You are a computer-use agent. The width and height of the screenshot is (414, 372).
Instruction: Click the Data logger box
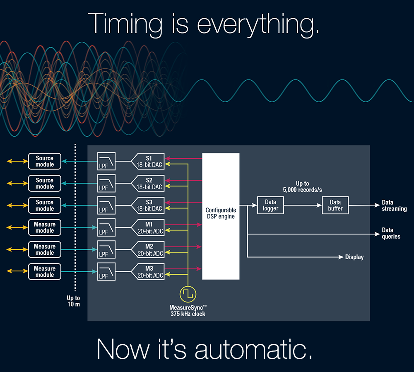(271, 205)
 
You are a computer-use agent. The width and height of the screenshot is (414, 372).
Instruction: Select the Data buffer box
(335, 205)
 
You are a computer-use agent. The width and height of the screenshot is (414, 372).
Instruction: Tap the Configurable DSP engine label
(220, 213)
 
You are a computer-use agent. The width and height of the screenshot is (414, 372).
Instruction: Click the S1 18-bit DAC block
(148, 161)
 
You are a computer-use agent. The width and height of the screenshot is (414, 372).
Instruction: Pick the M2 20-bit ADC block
(148, 250)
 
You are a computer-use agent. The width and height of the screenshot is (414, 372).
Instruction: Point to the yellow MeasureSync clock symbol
(188, 294)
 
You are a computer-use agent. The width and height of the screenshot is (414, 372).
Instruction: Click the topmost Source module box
(44, 161)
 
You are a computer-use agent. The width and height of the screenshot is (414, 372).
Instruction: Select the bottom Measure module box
(44, 272)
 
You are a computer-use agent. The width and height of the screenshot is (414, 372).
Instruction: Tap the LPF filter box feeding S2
(106, 183)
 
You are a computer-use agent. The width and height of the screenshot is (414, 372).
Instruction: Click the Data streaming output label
(394, 206)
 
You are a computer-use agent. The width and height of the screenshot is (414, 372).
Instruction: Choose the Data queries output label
(391, 233)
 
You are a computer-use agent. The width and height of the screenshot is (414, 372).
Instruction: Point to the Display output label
(354, 257)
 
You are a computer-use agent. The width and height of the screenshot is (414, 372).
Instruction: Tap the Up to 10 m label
(73, 301)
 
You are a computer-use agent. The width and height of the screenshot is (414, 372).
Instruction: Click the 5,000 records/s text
(302, 190)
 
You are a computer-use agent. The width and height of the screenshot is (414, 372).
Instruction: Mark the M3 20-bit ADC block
(148, 272)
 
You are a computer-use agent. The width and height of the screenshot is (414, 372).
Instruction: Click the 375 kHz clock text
(188, 314)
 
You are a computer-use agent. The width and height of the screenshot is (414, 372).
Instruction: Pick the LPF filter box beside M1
(106, 227)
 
